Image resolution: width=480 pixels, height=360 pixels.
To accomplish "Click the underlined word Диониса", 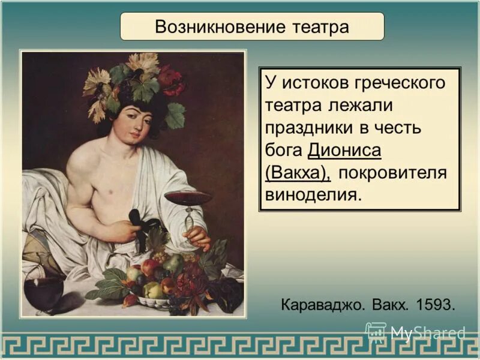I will pos(345,151).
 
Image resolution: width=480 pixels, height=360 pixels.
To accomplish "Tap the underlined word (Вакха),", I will pos(298,173).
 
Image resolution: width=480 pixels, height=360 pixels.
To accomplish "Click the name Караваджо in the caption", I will pos(322,304).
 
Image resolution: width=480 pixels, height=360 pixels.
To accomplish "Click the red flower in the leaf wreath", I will pos(171,81).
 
